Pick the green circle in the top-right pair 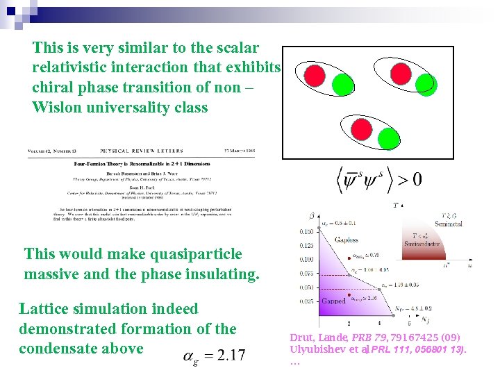pos(424,83)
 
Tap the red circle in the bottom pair pos(362,128)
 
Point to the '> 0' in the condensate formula pos(406,178)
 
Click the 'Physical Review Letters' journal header pos(142,151)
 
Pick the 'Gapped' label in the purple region pos(333,301)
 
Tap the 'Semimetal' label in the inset pos(448,223)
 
